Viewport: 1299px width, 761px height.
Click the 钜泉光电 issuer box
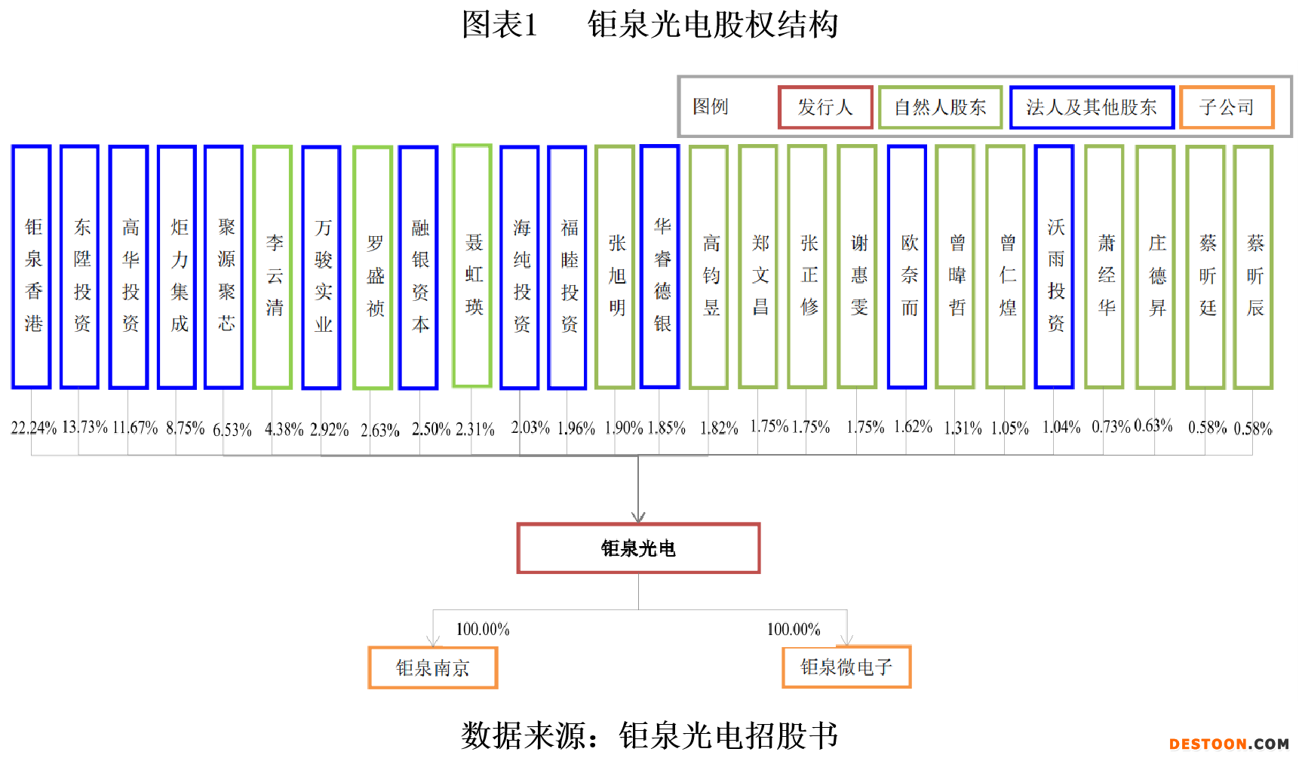[638, 548]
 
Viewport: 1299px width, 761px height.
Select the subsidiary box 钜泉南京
[432, 667]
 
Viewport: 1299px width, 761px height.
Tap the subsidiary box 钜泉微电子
[846, 667]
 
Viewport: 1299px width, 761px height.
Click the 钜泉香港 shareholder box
[32, 267]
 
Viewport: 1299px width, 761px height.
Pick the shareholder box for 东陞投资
[80, 267]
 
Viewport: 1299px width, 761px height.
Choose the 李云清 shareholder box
[272, 267]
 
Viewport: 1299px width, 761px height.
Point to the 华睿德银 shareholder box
[660, 266]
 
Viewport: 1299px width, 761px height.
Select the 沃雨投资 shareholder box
[1055, 266]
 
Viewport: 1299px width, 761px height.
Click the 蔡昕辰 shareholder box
[1254, 267]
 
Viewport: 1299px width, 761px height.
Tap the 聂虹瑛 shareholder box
[472, 266]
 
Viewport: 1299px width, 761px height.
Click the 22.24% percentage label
[33, 428]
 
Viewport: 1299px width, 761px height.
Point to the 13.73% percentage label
[84, 427]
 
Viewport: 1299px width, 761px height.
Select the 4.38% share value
[284, 429]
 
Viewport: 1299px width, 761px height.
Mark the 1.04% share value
[1061, 427]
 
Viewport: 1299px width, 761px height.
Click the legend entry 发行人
[825, 107]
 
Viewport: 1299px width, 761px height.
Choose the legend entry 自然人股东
[940, 107]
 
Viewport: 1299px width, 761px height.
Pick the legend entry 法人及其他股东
[1092, 107]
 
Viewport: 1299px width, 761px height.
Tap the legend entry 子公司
[1227, 107]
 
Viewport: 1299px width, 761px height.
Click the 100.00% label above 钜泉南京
[483, 629]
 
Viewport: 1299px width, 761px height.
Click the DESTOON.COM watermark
[1229, 744]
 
